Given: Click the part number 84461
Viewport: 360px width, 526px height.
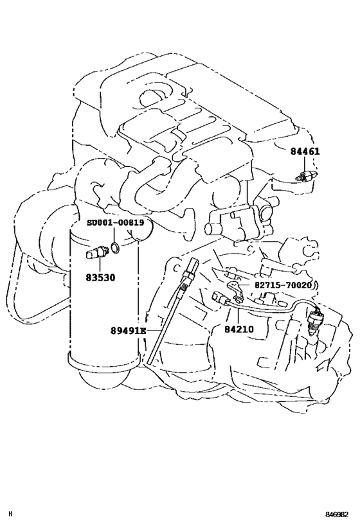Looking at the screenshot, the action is point(305,152).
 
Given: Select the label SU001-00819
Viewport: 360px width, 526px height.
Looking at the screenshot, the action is point(116,222).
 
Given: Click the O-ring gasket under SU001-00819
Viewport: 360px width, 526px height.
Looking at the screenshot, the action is point(115,247).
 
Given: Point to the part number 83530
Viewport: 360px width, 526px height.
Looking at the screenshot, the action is point(100,277).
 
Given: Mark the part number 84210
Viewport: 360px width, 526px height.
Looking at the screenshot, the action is point(239,329).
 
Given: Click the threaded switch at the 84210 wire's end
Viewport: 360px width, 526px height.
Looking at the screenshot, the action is point(314,321).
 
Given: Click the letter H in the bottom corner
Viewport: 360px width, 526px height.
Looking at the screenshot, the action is point(11,514).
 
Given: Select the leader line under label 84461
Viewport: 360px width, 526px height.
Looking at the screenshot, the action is point(305,164).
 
